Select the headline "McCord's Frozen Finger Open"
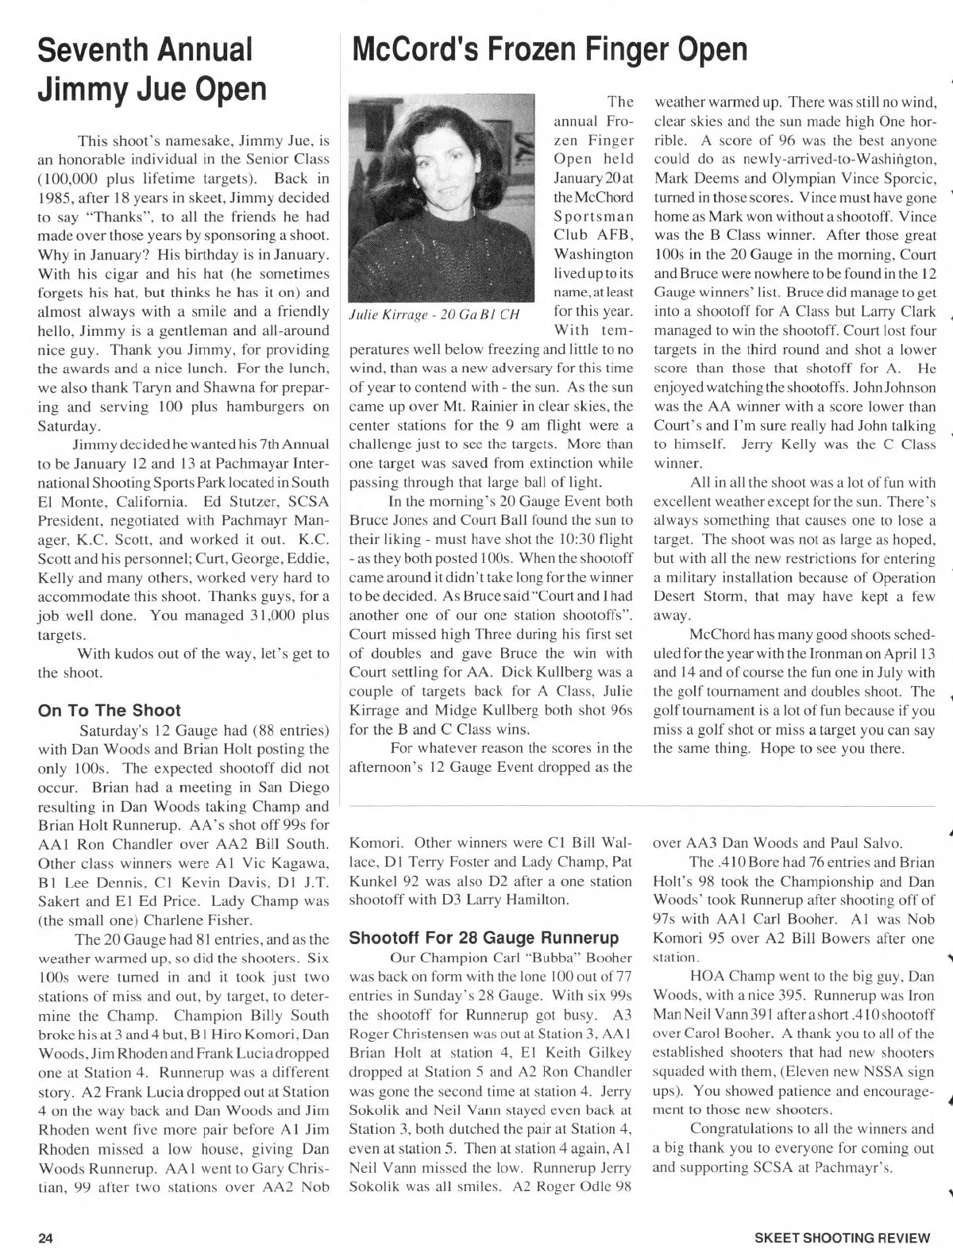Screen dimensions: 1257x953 coord(549,49)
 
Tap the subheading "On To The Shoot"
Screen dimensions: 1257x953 coord(110,710)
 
